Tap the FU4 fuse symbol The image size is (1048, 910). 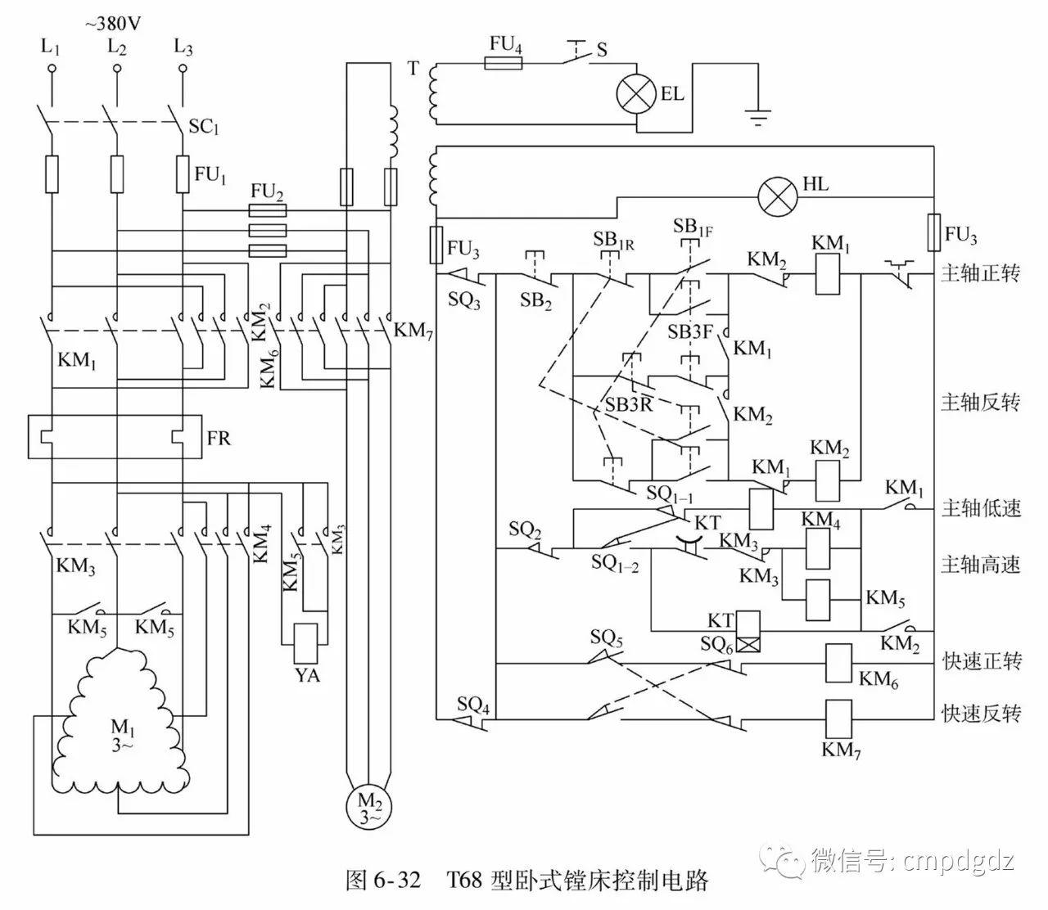coord(504,62)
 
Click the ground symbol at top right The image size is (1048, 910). coord(760,118)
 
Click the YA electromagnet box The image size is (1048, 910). coord(305,643)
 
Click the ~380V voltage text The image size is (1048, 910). coord(113,23)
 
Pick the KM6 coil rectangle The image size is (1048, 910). coord(838,663)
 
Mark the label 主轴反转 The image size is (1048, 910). coord(980,403)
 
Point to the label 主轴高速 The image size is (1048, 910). coord(980,565)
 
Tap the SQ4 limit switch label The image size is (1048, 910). coord(473,703)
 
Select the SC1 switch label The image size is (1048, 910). coord(204,128)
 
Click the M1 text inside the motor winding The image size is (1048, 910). coord(120,726)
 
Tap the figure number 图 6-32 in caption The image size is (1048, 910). coord(383,881)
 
